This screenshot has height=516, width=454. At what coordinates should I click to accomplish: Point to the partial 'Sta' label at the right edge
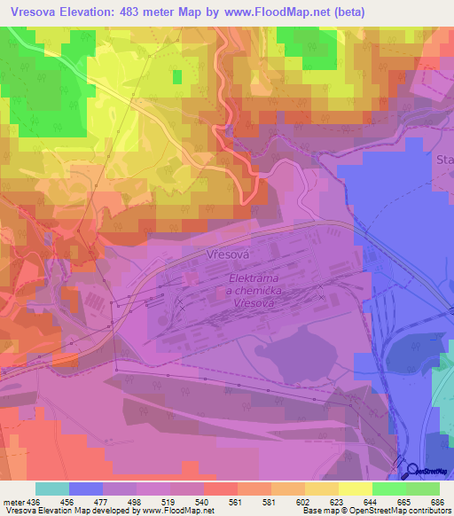(442, 160)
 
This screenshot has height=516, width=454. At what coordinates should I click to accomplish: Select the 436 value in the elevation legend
(35, 501)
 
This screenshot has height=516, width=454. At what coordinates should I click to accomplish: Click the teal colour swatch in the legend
(51, 489)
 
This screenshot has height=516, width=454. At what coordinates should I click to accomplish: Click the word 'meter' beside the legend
(12, 501)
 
